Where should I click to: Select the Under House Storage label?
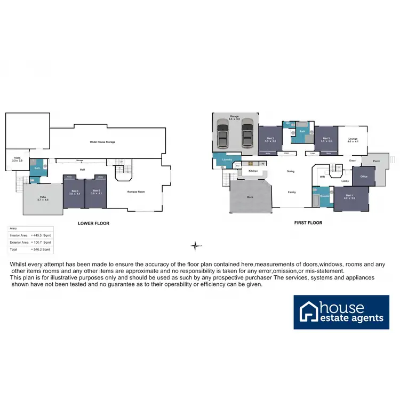pos(103,142)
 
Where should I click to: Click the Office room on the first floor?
pos(364,176)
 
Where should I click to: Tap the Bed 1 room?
pos(349,197)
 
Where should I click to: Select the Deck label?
pos(250,196)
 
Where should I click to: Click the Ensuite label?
pos(324,196)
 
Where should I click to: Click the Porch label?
pos(377,161)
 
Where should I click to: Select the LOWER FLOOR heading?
pos(94,223)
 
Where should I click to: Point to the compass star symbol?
pos(196,246)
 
